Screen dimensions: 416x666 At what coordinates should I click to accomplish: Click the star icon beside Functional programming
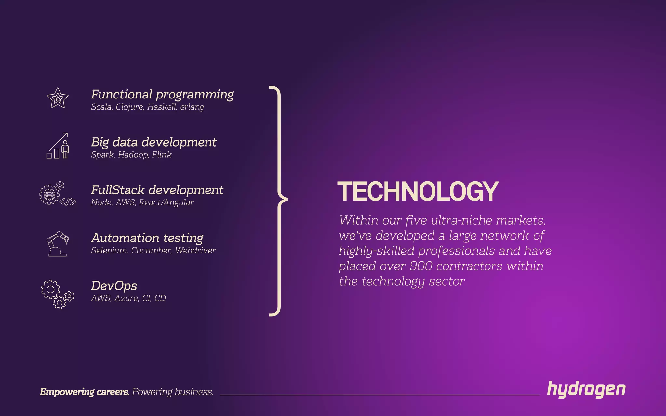(x=58, y=98)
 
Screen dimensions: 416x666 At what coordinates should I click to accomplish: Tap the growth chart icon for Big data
(x=58, y=146)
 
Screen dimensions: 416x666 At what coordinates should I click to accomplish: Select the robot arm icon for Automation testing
(x=58, y=244)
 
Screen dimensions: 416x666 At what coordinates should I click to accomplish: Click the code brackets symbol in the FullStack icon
(x=68, y=202)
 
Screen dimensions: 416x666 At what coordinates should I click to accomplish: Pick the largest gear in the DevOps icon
(x=50, y=289)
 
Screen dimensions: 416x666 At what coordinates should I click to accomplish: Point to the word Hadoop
(x=133, y=155)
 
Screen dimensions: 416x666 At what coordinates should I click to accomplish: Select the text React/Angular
(x=166, y=202)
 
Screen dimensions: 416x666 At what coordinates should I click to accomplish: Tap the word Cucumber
(x=151, y=250)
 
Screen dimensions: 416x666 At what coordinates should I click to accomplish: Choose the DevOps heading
(x=114, y=286)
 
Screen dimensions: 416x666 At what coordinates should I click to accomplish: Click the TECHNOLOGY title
(x=418, y=191)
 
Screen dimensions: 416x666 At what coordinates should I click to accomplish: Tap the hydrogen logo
(x=586, y=389)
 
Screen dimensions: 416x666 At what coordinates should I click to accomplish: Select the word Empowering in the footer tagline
(x=67, y=392)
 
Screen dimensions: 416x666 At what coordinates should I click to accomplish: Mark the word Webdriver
(x=195, y=250)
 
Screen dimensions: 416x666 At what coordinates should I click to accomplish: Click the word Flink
(x=162, y=155)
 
